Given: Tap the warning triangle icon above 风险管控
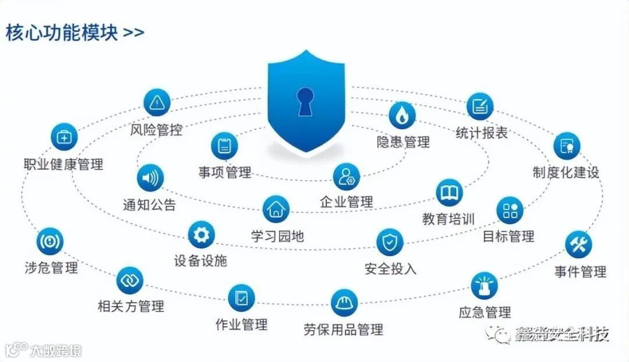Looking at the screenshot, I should click(x=156, y=103).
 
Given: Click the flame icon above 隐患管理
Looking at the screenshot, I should click(x=402, y=116).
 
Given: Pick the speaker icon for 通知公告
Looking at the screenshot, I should click(x=150, y=178).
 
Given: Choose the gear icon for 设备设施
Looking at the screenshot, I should click(x=201, y=235).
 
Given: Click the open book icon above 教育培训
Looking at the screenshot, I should click(x=449, y=193).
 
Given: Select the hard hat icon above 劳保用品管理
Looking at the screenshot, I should click(x=344, y=303).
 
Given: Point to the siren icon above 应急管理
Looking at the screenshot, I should click(x=485, y=286).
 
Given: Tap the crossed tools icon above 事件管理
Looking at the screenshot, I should click(x=579, y=245).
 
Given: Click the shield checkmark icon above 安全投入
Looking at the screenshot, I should click(x=390, y=242).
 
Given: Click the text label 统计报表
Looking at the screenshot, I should click(x=481, y=133).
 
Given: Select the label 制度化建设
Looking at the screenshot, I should click(x=566, y=172).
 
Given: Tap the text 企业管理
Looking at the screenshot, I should click(x=346, y=202).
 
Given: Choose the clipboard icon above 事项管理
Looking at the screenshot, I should click(x=224, y=146).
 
